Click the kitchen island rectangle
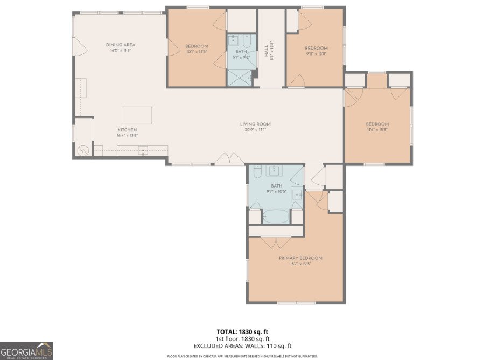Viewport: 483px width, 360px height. (136, 115)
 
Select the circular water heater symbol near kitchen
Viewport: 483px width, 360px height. (83, 150)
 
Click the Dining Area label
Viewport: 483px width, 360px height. (121, 45)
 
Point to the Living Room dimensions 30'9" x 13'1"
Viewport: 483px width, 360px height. (255, 130)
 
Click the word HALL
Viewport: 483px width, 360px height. (267, 51)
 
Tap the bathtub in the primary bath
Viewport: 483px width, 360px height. (276, 217)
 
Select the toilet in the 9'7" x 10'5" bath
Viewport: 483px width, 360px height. (257, 172)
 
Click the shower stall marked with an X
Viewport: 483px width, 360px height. (239, 78)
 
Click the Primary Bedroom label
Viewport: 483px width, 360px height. (300, 258)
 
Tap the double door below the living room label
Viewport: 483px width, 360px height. (230, 158)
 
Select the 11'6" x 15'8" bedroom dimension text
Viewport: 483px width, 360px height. (377, 130)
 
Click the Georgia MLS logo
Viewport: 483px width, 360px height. (26, 350)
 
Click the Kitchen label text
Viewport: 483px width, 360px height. (127, 130)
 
